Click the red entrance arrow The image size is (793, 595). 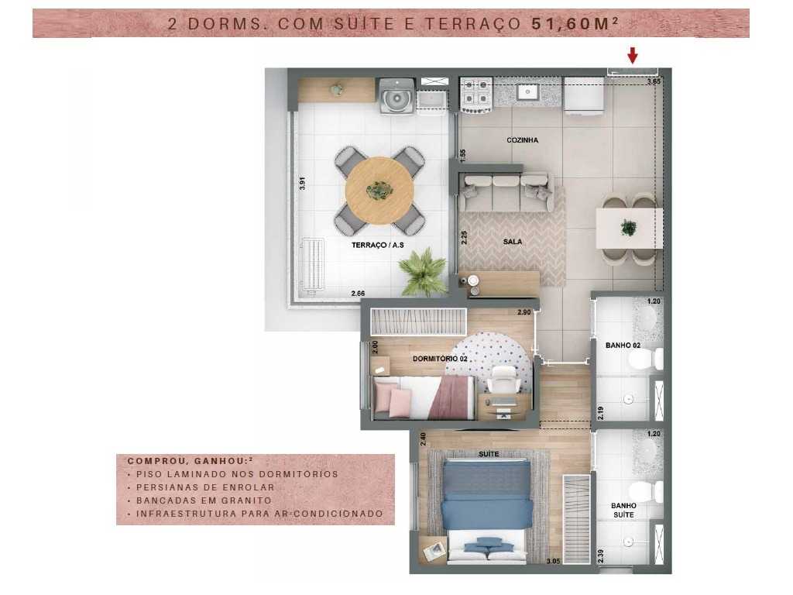[x=632, y=55]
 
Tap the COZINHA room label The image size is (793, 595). [x=522, y=140]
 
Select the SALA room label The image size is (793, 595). [x=512, y=241]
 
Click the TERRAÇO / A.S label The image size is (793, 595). [x=378, y=245]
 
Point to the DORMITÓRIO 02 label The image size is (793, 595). [x=419, y=359]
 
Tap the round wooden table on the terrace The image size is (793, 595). [x=379, y=189]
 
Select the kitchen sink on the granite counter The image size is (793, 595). [x=528, y=92]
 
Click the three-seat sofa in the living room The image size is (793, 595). [x=506, y=191]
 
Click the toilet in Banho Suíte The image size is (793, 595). [x=645, y=490]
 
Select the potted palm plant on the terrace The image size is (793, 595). [x=423, y=273]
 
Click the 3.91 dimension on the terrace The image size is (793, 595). [x=304, y=184]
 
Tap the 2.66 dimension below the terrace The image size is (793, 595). [x=357, y=294]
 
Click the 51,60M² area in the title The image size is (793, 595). [x=574, y=24]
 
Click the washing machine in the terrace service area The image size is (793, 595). [x=396, y=98]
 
